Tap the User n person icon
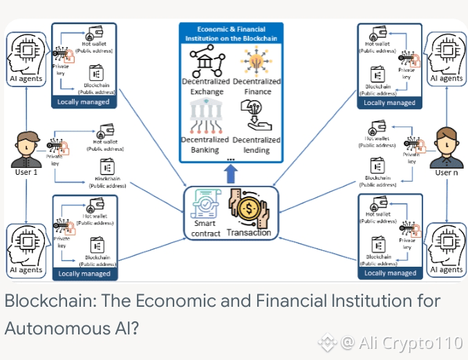point(444,146)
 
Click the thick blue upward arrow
point(231,173)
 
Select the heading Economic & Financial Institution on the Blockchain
point(231,33)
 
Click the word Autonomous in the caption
point(58,328)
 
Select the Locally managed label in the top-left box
point(83,102)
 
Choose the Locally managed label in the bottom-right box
point(389,273)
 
